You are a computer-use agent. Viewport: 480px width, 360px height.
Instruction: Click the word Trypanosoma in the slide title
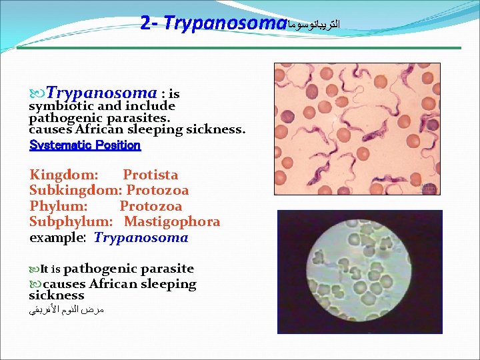point(225,23)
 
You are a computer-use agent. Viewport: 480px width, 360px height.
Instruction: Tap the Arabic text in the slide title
point(314,25)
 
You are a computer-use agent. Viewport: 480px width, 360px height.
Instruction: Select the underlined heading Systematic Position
point(85,145)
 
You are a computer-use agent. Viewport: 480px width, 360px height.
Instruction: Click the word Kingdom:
point(64,175)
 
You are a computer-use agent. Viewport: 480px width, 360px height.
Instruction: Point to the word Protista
point(151,175)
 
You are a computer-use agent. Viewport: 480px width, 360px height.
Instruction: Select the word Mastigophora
point(172,222)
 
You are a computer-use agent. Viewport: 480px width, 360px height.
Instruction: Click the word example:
point(57,238)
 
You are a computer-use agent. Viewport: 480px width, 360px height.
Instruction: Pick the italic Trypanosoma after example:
point(141,238)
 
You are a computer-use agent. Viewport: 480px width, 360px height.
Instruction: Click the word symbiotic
point(61,106)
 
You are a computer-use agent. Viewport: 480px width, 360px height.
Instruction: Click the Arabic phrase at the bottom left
point(67,310)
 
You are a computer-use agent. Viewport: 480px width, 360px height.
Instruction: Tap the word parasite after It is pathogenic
point(166,269)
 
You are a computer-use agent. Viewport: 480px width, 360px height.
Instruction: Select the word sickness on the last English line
point(57,295)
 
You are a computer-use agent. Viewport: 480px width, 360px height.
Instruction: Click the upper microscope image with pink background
point(357,129)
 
